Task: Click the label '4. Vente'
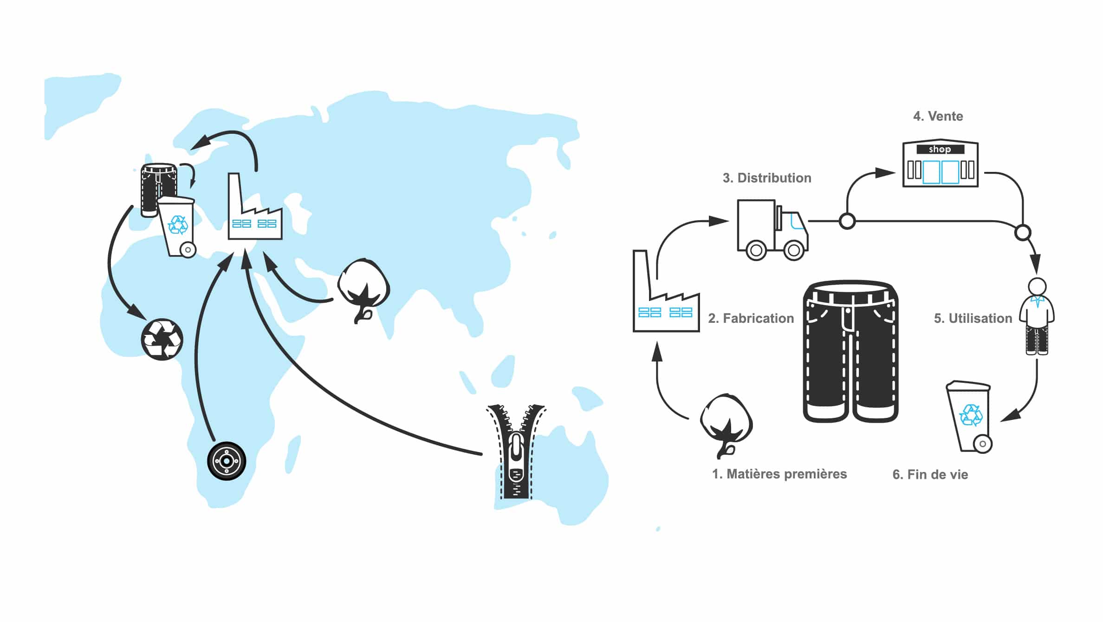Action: pos(938,116)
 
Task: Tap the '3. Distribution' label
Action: pos(767,178)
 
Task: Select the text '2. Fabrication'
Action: pos(751,318)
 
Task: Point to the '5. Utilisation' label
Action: pos(973,318)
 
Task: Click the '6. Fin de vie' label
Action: pos(930,474)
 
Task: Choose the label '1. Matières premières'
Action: pos(779,474)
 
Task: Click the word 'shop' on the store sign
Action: pos(940,149)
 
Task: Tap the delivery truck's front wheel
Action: pos(794,250)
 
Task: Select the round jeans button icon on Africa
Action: pos(227,461)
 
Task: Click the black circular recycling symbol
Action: pos(162,339)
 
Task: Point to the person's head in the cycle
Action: pos(1037,286)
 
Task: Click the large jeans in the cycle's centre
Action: pos(850,351)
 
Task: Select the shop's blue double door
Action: pos(941,172)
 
